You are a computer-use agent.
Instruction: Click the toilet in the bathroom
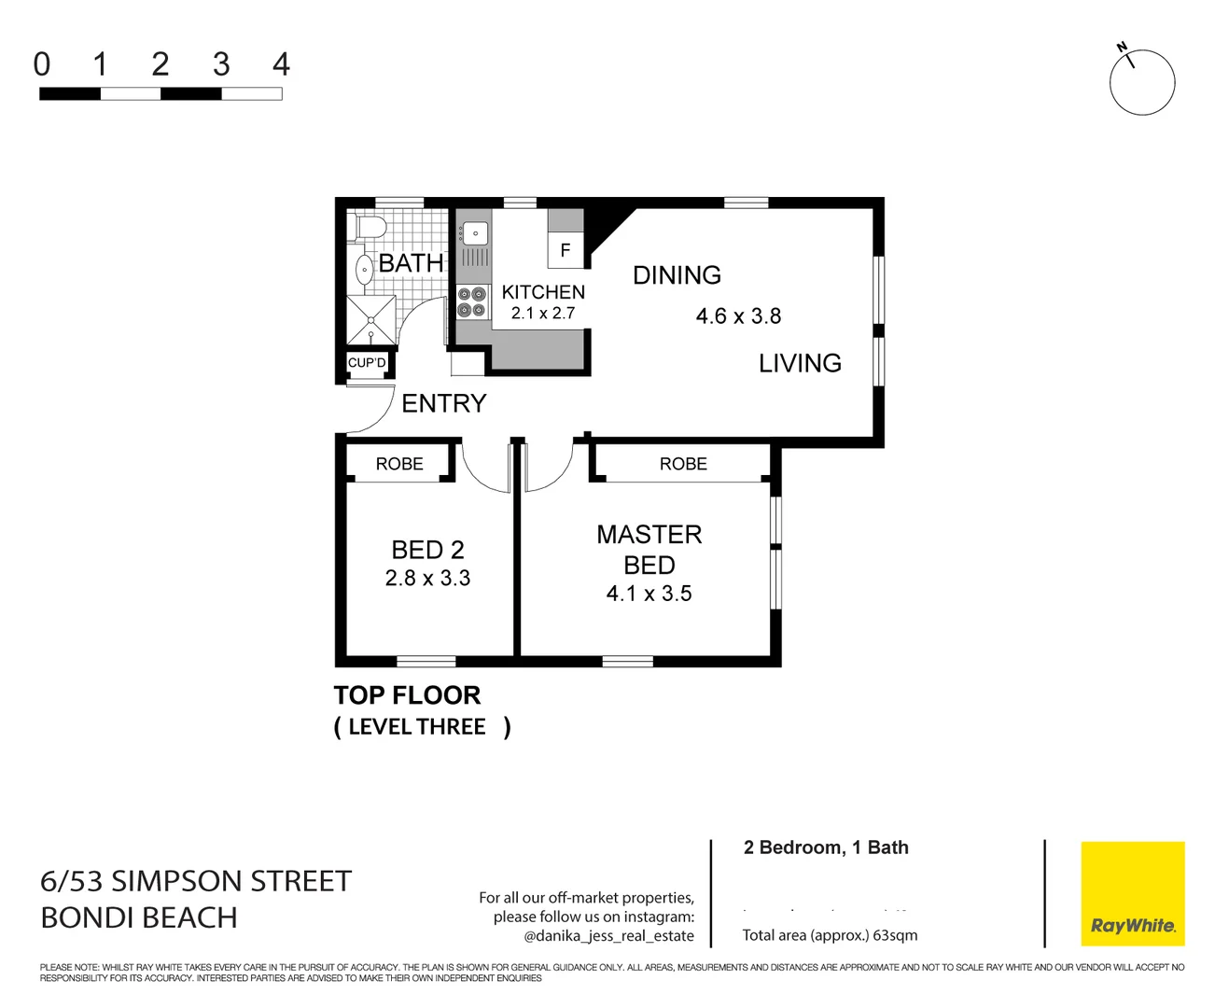click(x=370, y=227)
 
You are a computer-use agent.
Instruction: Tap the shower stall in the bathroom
click(x=371, y=320)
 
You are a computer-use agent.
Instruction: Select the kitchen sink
click(x=474, y=233)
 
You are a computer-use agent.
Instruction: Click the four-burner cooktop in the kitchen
click(x=472, y=302)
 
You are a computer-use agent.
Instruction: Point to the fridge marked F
click(x=565, y=250)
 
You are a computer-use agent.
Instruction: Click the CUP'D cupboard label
click(x=367, y=363)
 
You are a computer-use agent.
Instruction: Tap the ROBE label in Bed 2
click(x=399, y=464)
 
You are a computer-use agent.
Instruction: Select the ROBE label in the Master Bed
click(x=683, y=464)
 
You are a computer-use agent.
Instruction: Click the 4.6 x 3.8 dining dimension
click(x=738, y=316)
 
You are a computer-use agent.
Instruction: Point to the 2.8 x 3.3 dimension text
click(x=427, y=579)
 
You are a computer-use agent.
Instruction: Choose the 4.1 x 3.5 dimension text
click(x=649, y=594)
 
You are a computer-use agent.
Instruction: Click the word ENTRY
click(x=444, y=403)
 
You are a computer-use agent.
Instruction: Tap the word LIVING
click(x=800, y=363)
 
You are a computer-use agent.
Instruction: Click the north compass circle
click(x=1142, y=82)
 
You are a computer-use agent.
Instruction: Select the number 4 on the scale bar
click(x=281, y=64)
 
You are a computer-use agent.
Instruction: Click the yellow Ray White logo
click(x=1132, y=894)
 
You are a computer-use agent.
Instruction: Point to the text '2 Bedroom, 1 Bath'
click(x=826, y=847)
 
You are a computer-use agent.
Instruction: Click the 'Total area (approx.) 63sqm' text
click(x=830, y=935)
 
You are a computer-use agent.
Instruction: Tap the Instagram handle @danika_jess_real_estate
click(x=608, y=935)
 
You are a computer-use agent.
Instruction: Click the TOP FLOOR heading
click(x=407, y=695)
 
